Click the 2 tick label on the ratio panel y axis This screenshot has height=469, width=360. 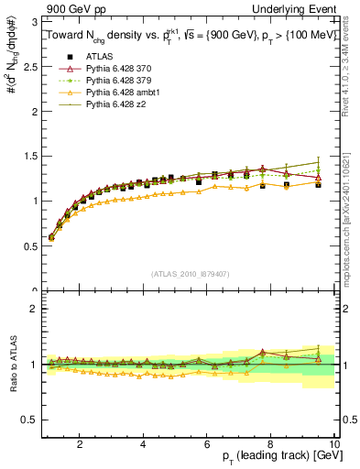(x=34, y=309)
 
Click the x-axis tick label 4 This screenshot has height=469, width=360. (x=144, y=444)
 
